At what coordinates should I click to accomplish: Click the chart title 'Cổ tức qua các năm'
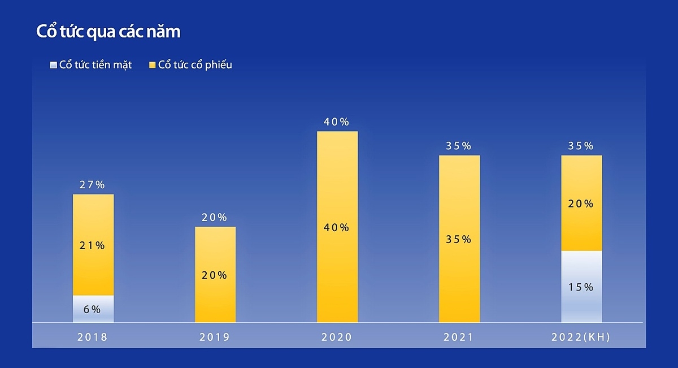click(x=108, y=32)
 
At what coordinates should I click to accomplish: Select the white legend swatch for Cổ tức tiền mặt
click(x=54, y=65)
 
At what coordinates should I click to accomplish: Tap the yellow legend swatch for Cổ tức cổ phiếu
click(x=152, y=65)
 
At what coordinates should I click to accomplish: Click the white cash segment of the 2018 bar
click(x=93, y=309)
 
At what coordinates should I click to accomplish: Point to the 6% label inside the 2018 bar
click(x=92, y=309)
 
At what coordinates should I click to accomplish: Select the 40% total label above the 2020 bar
click(x=337, y=122)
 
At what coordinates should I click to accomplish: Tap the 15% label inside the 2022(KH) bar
click(x=581, y=287)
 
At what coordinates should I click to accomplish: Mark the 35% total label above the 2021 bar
click(x=458, y=146)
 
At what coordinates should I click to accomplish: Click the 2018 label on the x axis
click(x=93, y=337)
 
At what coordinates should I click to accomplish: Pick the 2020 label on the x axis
click(x=337, y=337)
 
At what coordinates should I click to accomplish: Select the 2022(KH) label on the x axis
click(x=581, y=337)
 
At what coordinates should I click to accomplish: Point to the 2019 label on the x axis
click(x=215, y=337)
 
